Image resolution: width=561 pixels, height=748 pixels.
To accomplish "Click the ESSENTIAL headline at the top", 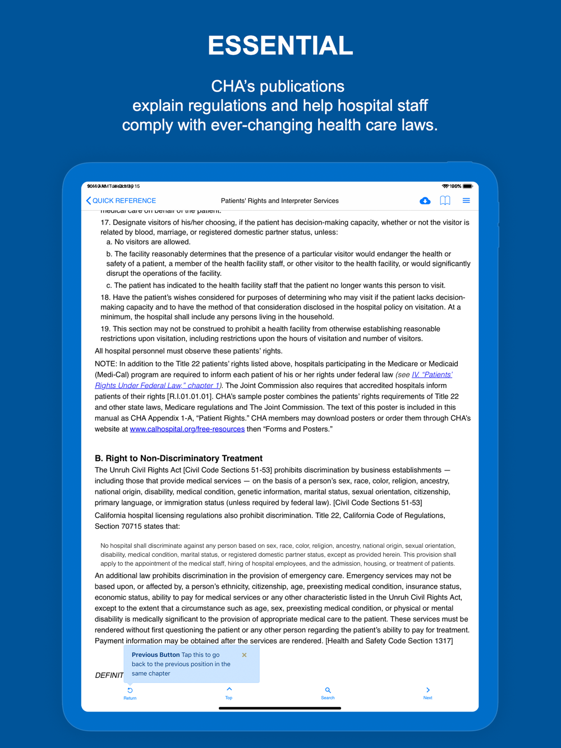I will point(280,45).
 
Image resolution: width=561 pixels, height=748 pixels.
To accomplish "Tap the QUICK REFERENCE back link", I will point(121,201).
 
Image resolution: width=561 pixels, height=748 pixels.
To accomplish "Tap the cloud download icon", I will point(425,201).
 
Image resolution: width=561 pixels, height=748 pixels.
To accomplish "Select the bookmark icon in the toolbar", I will point(445,201).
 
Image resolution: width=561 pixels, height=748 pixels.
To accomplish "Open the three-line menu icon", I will point(466,201).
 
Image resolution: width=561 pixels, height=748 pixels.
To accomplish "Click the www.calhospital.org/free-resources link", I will point(187,429).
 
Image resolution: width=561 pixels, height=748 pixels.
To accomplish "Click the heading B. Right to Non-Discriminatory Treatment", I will point(178,458).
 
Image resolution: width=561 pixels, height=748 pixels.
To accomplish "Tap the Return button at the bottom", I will point(130,694).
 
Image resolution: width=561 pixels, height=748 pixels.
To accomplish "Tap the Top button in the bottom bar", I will point(229,693).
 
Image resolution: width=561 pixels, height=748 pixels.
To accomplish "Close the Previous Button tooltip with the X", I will point(244,655).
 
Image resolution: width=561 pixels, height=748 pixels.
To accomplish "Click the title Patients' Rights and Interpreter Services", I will point(279,201).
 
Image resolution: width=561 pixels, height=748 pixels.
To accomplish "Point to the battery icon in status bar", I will point(467,186).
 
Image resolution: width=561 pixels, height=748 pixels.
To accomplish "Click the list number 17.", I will point(105,223).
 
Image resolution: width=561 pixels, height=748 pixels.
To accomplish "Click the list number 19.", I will point(105,329).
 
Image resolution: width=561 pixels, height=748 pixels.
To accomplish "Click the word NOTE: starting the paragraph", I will point(106,364).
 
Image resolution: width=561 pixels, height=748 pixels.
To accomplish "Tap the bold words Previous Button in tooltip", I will point(155,655).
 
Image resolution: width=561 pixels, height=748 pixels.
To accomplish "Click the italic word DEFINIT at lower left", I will point(109,675).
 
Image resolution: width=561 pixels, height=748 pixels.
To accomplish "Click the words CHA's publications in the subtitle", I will point(278,86).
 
